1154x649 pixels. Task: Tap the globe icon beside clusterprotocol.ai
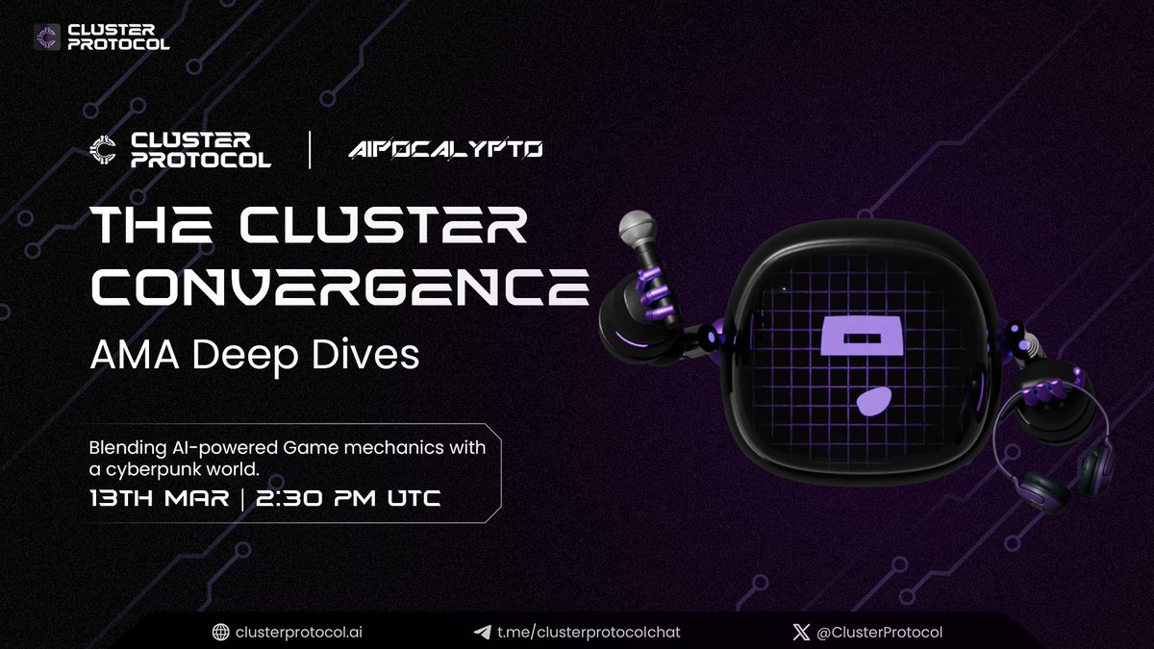pos(222,632)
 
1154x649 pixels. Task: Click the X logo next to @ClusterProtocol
pos(796,632)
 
